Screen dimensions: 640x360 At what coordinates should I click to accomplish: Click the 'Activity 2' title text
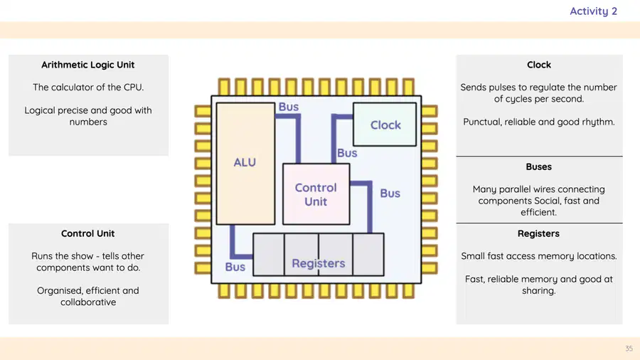(x=594, y=11)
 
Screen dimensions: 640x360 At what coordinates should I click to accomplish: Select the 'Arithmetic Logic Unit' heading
(x=87, y=65)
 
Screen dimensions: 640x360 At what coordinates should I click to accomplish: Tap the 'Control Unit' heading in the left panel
(x=87, y=233)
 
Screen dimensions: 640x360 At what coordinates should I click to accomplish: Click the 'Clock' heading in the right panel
(x=539, y=65)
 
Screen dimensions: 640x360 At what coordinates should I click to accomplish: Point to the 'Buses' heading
(x=539, y=167)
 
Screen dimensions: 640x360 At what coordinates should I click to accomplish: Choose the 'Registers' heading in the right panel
(x=539, y=233)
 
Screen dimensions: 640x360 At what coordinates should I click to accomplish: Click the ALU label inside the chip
(x=245, y=162)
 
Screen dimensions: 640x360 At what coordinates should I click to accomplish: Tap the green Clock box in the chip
(x=385, y=125)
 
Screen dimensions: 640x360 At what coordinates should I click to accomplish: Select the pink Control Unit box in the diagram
(x=316, y=194)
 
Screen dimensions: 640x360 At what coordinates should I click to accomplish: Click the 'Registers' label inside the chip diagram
(x=319, y=264)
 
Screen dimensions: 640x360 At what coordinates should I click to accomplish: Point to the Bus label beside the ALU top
(x=289, y=107)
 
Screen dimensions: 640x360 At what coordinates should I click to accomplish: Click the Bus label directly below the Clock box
(x=347, y=153)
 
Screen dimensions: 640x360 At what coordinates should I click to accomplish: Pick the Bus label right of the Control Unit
(x=390, y=194)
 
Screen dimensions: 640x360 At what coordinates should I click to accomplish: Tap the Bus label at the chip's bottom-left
(x=235, y=267)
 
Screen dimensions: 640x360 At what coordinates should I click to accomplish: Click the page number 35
(x=629, y=349)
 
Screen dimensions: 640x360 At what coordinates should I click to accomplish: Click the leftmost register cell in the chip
(x=269, y=255)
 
